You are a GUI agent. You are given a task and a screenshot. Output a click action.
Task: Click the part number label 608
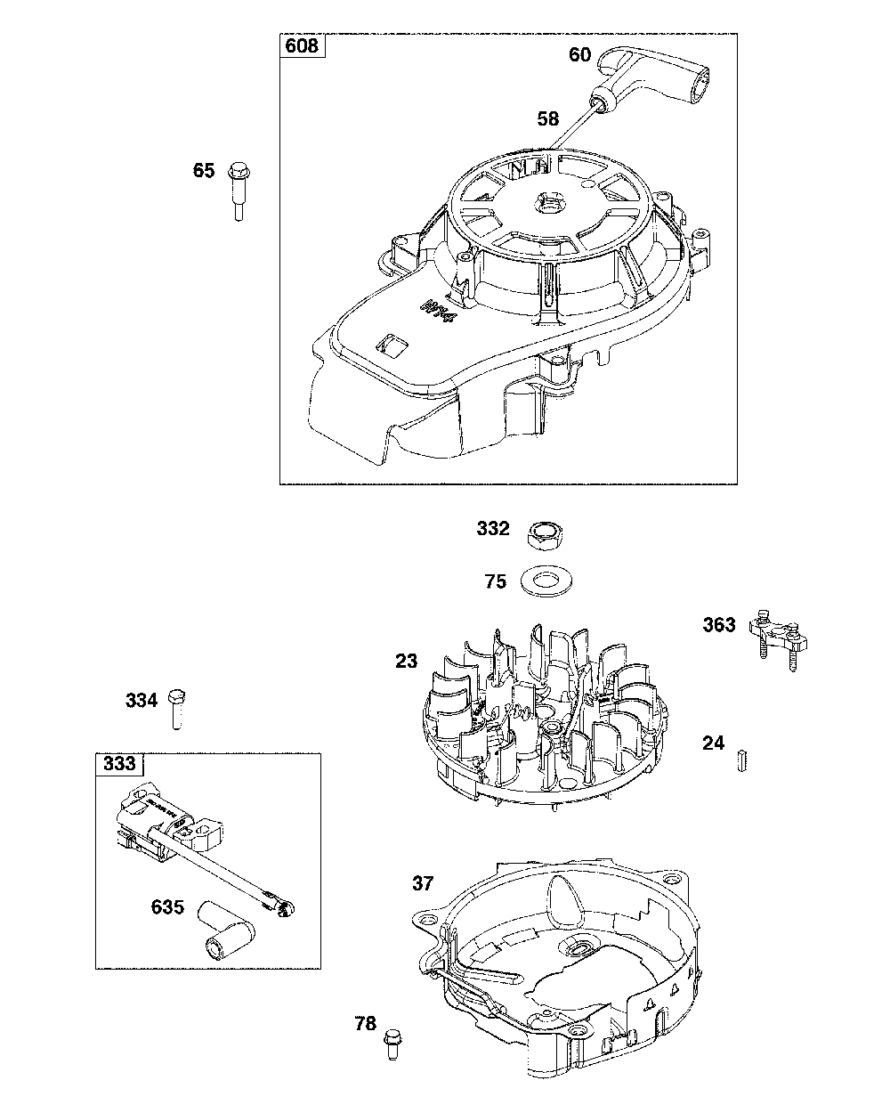[x=303, y=46]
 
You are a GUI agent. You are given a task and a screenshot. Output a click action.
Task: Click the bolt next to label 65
[x=238, y=189]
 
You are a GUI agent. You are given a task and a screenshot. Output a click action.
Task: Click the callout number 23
[x=406, y=662]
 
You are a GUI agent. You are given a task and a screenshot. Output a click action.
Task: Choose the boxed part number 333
[x=119, y=763]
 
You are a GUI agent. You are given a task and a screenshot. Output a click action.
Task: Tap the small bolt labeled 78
[x=391, y=1043]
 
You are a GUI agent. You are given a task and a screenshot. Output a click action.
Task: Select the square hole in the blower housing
[x=392, y=343]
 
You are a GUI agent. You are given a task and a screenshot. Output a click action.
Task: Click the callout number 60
[x=579, y=54]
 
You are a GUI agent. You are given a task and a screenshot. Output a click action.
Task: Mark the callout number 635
[x=167, y=907]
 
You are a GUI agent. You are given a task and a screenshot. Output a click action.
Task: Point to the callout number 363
[x=719, y=624]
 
